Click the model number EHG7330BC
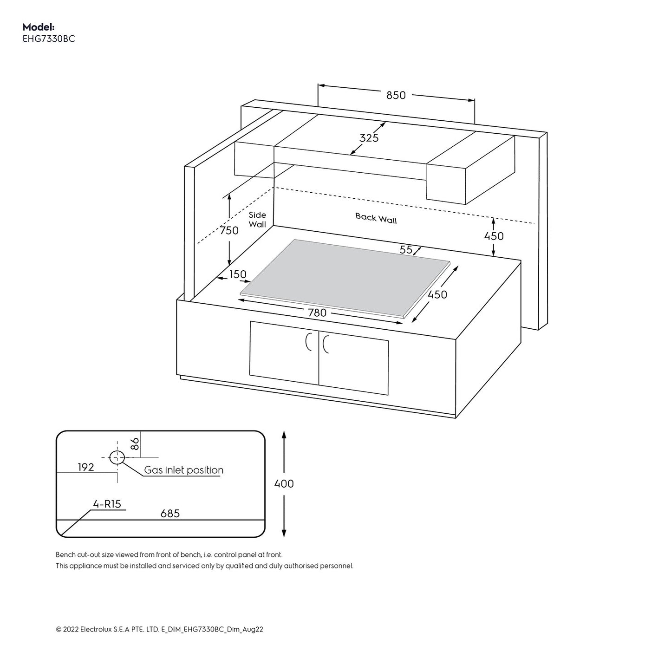[x=49, y=39]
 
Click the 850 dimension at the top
[x=396, y=95]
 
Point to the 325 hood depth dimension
[x=369, y=138]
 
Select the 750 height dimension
[x=229, y=230]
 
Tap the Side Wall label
[x=257, y=220]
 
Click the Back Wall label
[x=376, y=218]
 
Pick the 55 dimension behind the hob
[x=406, y=250]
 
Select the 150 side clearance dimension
[x=238, y=274]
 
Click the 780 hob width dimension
[x=317, y=313]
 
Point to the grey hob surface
[x=344, y=276]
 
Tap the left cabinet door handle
[x=308, y=343]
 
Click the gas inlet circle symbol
[x=117, y=457]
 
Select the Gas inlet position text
[x=183, y=470]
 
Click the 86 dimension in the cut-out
[x=135, y=443]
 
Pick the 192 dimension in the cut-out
[x=86, y=467]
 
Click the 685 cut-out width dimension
[x=170, y=514]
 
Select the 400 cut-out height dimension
[x=284, y=484]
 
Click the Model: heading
[x=39, y=27]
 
